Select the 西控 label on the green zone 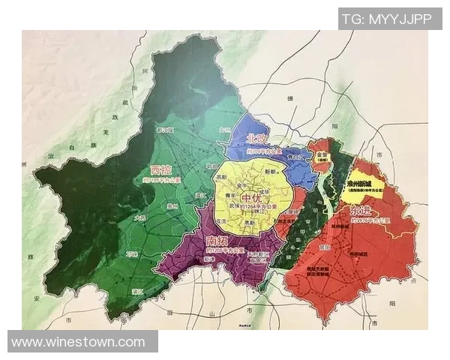point(166,169)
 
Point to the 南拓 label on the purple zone point(218,241)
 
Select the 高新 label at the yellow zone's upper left point(222,177)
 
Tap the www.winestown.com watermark point(78,342)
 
